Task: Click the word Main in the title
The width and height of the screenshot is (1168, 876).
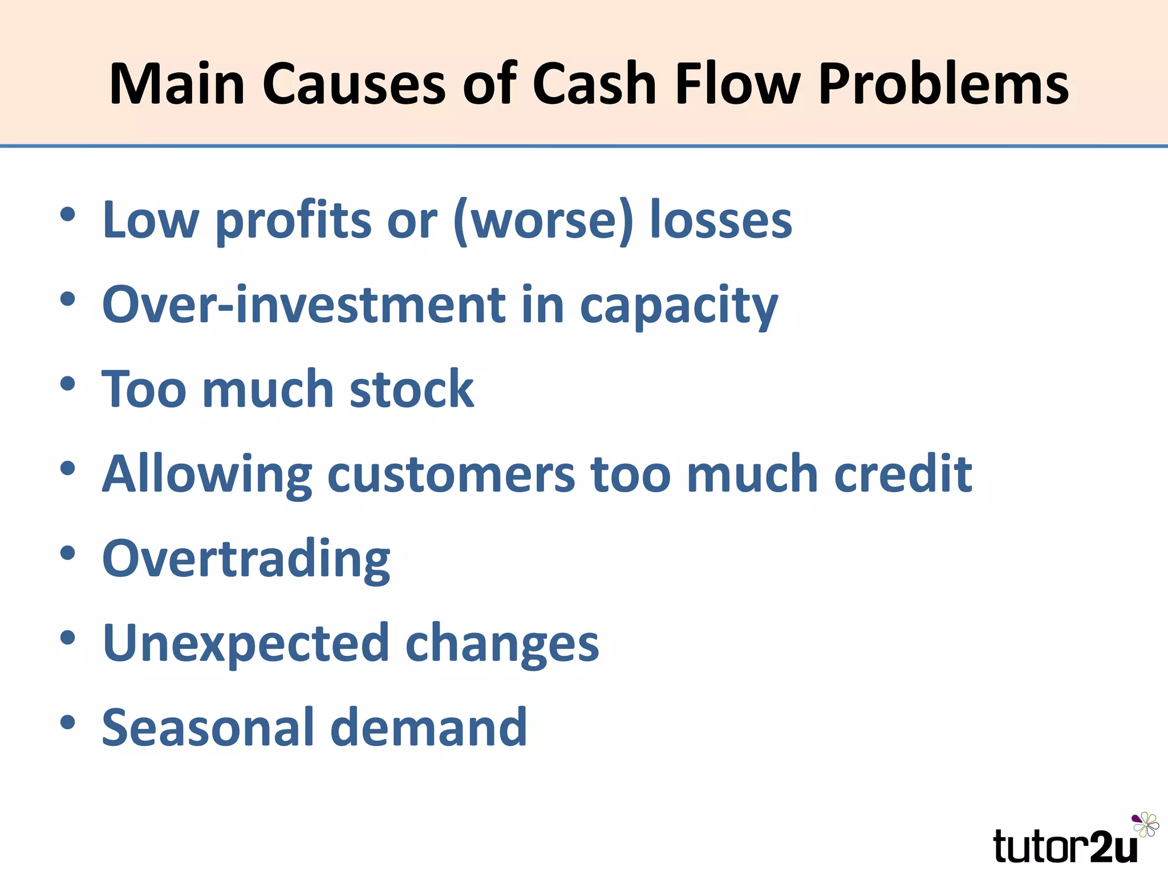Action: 177,84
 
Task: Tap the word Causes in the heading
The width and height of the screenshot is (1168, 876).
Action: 354,84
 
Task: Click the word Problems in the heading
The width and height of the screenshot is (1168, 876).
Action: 943,84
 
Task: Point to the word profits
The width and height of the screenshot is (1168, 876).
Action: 293,221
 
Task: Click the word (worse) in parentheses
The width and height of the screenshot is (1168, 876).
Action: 543,221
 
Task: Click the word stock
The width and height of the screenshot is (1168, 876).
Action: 411,389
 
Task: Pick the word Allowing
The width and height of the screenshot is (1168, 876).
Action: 207,475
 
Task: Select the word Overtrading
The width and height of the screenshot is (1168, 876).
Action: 246,559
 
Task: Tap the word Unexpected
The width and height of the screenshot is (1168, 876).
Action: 246,644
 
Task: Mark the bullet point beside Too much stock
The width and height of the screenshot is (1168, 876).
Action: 67,383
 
